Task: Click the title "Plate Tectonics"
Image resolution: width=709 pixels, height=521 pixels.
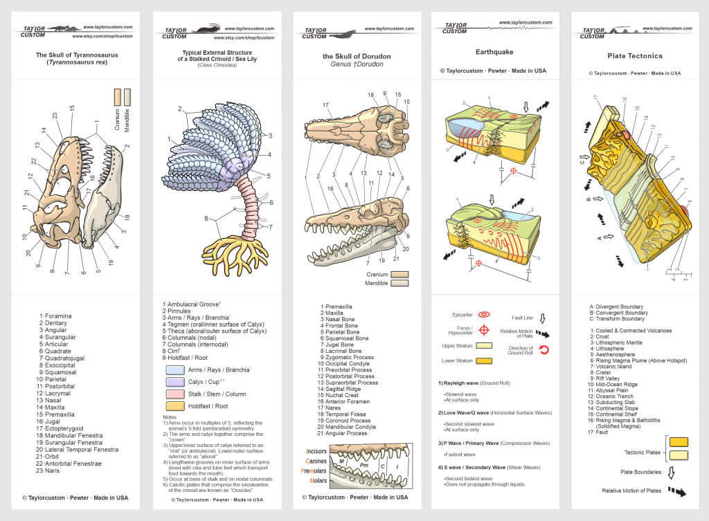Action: pos(634,56)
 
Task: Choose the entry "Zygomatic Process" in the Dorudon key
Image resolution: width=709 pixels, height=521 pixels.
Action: pos(349,357)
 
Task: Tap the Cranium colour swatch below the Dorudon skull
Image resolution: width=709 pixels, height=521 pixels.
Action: pos(400,274)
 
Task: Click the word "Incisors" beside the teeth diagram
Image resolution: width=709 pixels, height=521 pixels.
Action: pos(316,451)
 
